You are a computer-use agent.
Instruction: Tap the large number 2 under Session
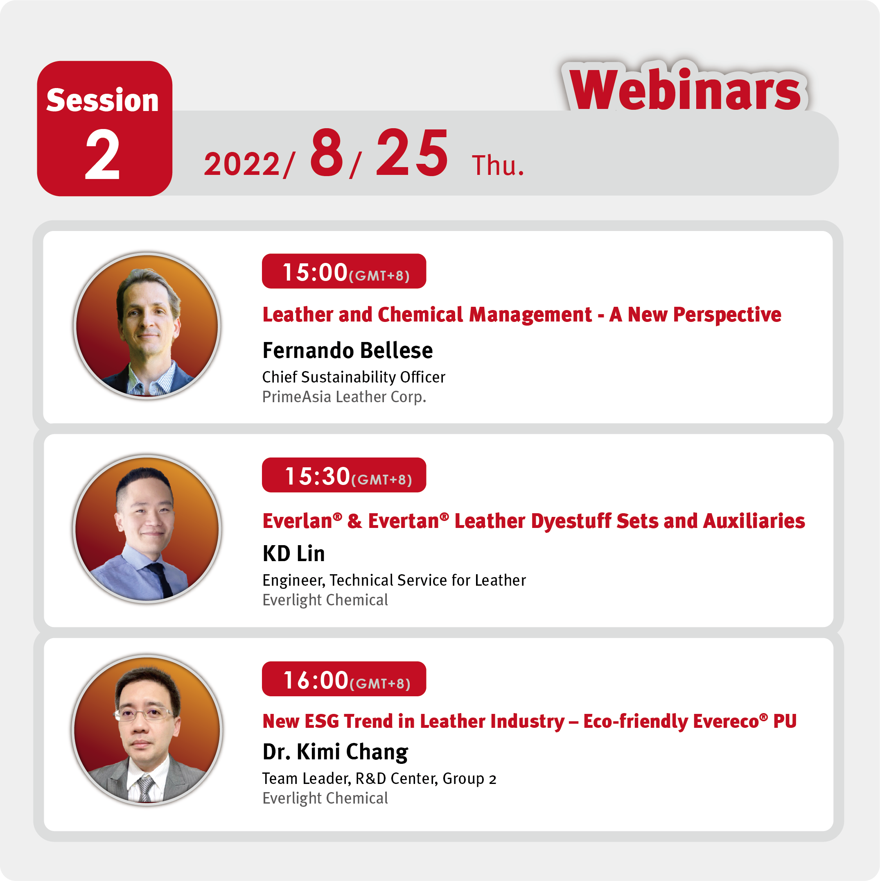(x=103, y=154)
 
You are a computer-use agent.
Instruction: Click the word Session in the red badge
(x=103, y=100)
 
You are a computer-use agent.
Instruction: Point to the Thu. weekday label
(x=498, y=165)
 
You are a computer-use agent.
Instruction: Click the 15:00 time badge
(x=344, y=271)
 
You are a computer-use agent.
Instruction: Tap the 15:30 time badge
(x=344, y=475)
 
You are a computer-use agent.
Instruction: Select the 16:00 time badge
(x=344, y=679)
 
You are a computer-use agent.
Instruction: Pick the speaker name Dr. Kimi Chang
(x=335, y=752)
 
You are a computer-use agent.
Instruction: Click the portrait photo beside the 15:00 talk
(x=147, y=326)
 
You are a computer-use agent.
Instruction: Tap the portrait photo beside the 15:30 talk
(x=147, y=529)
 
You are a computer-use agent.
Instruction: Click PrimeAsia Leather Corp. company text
(x=345, y=397)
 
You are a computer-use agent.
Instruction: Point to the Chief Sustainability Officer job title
(x=354, y=377)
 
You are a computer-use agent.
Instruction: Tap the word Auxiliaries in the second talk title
(x=754, y=521)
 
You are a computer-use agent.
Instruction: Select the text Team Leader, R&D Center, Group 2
(x=379, y=778)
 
